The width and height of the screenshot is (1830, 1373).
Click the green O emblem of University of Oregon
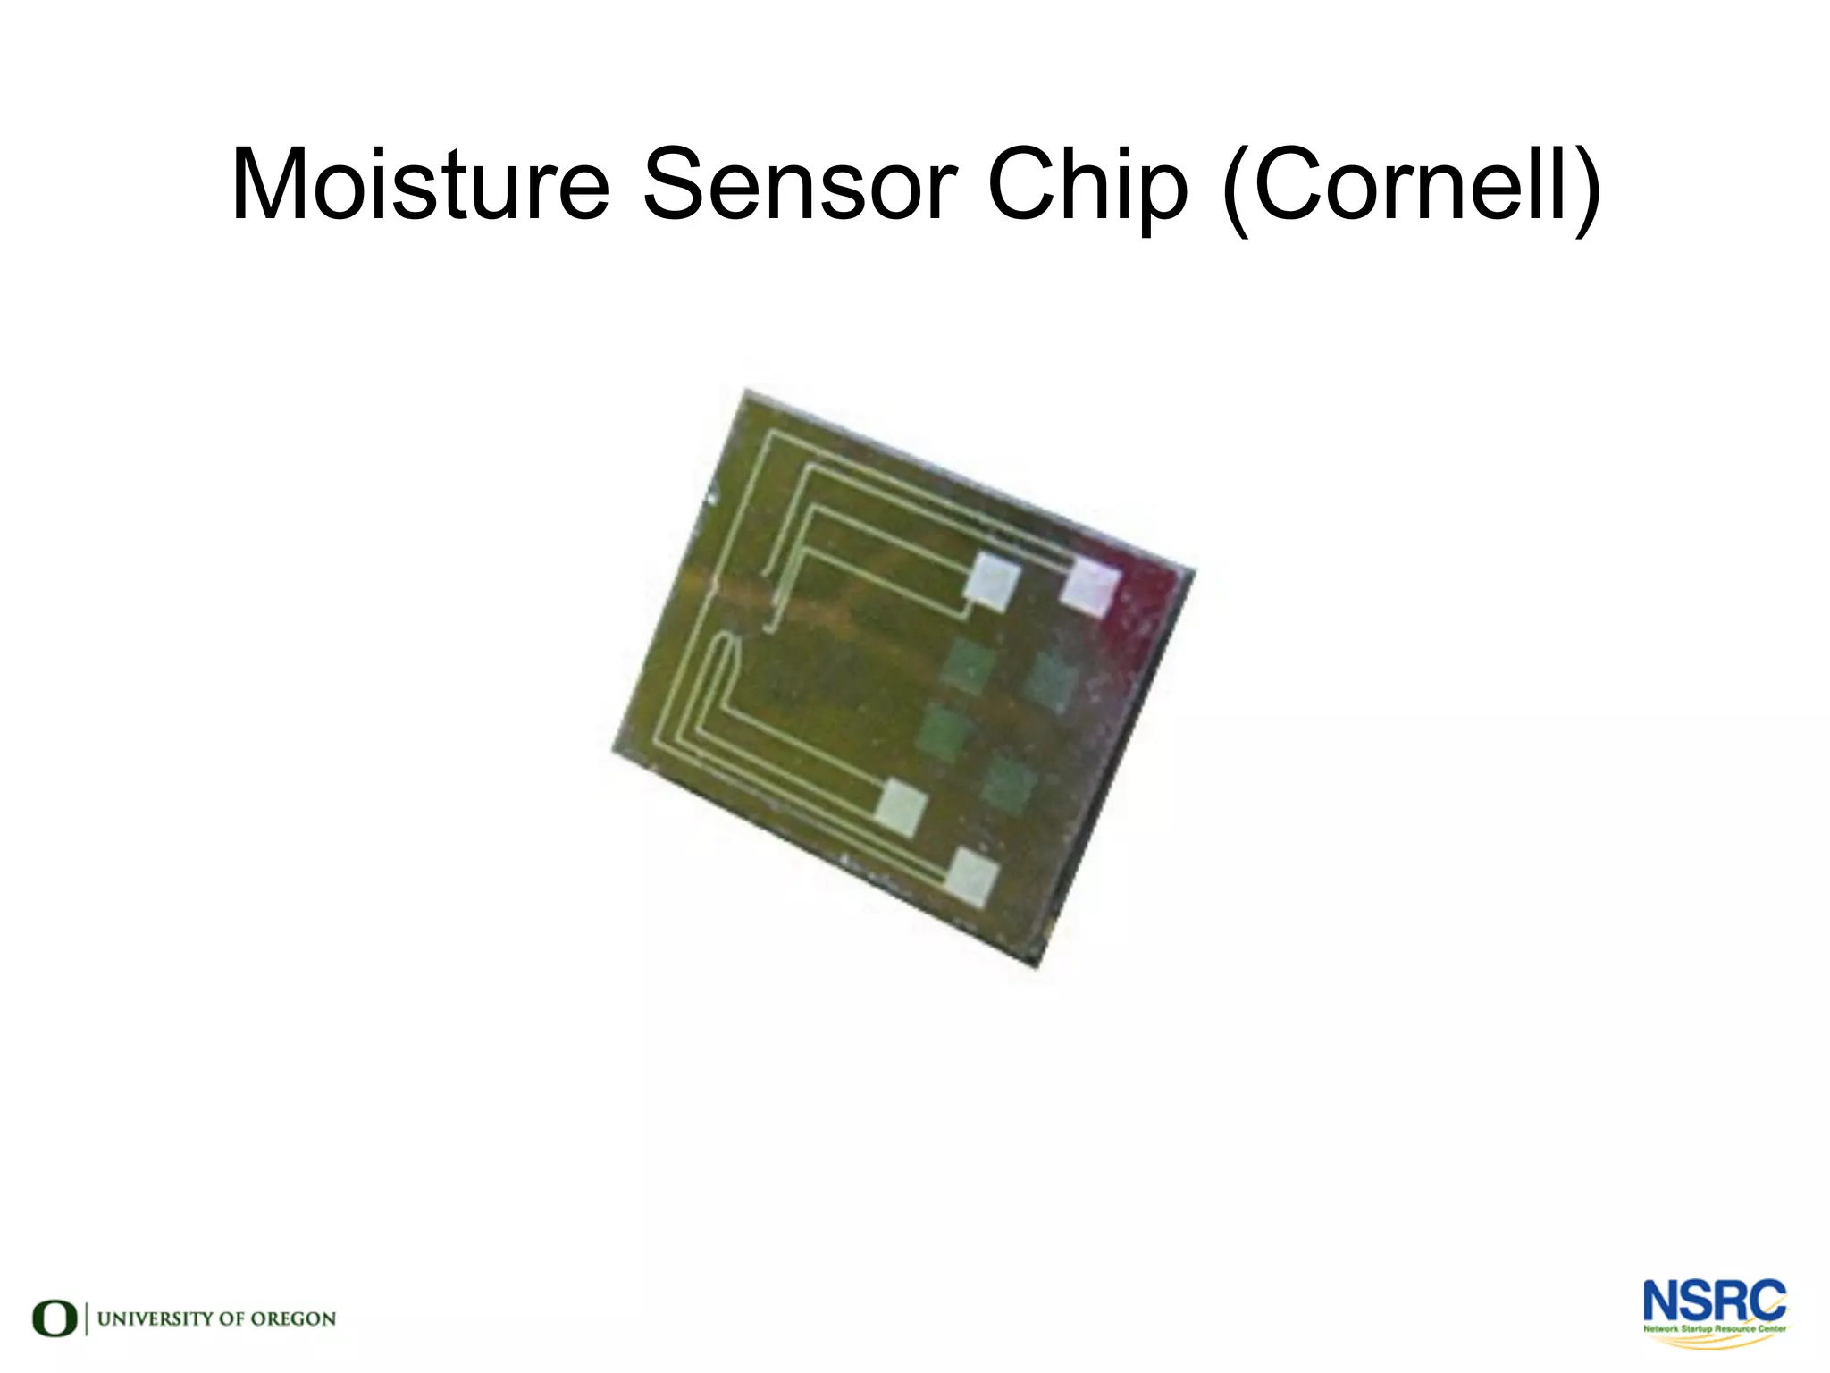[x=55, y=1318]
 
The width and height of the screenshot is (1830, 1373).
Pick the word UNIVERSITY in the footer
[x=154, y=1318]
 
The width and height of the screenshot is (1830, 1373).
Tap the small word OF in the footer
[x=230, y=1318]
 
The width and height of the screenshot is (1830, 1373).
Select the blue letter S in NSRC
[x=1699, y=1301]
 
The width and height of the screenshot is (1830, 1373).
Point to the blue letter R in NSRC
[x=1733, y=1301]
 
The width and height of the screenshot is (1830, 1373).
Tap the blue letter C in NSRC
[x=1769, y=1301]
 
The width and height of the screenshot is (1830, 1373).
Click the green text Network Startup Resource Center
[x=1714, y=1329]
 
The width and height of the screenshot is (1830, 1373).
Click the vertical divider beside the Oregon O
[x=87, y=1318]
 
